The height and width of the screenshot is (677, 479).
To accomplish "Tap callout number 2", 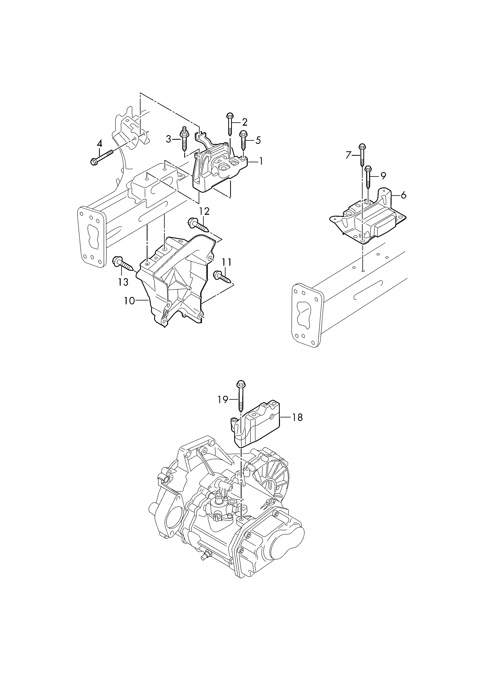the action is pyautogui.click(x=244, y=122).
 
